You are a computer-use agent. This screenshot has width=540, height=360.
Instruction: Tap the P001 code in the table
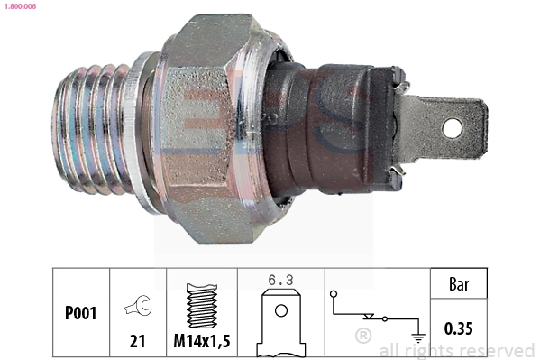[x=81, y=313]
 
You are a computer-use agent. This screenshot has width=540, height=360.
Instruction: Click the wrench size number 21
[x=138, y=341]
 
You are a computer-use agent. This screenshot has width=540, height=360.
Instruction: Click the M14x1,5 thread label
[x=201, y=341]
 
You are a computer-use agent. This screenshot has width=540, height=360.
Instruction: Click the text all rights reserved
[x=457, y=350]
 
